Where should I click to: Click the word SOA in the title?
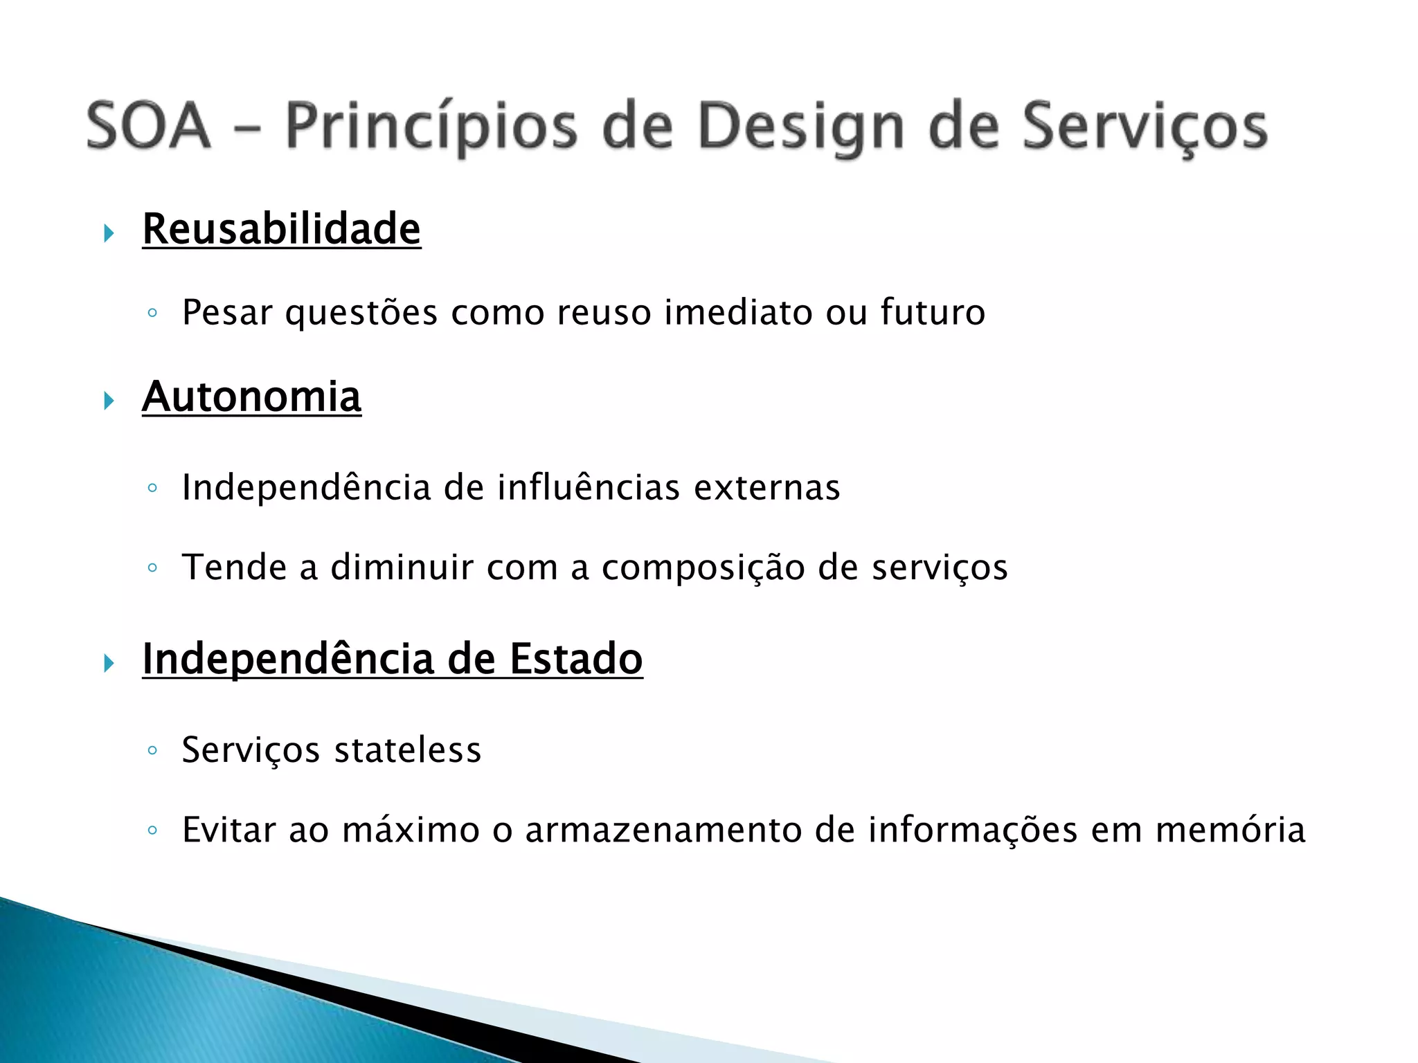point(147,126)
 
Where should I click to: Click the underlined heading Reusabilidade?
point(281,229)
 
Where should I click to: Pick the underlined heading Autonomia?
point(251,397)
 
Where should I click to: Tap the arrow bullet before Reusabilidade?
point(109,233)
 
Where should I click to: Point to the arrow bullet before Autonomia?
point(109,401)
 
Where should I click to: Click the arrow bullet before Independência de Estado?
point(109,663)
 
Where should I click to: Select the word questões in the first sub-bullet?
point(361,313)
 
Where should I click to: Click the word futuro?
point(933,311)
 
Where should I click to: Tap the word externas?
point(766,487)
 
